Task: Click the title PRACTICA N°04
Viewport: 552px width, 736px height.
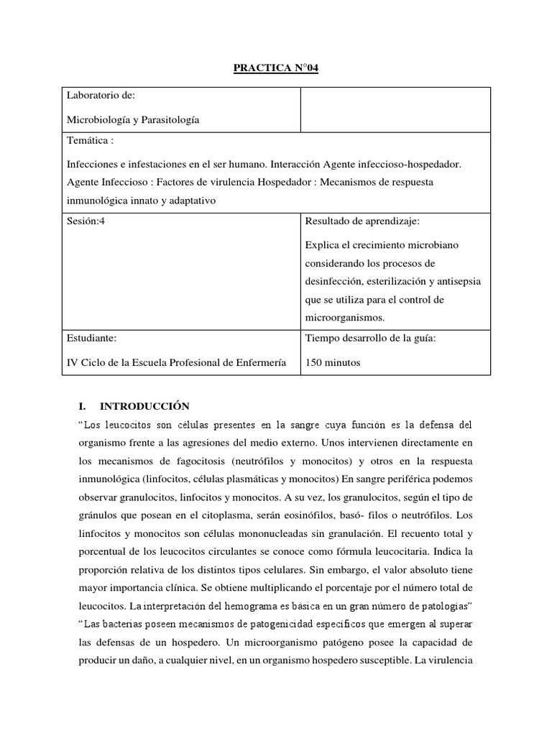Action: [276, 68]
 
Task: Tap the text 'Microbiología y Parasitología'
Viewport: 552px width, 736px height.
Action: [133, 120]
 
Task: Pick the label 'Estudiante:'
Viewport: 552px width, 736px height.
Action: [91, 337]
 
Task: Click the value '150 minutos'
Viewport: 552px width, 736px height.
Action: [333, 362]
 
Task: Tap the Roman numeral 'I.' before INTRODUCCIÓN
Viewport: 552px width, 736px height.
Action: [81, 405]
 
